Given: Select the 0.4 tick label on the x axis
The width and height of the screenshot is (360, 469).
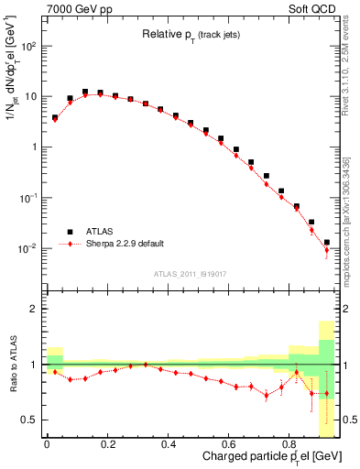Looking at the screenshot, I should (168, 444).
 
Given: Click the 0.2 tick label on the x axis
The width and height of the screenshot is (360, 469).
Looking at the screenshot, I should (107, 444).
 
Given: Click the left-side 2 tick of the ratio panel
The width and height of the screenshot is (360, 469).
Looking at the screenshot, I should (33, 309).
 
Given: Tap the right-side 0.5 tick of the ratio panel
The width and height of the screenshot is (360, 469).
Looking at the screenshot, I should (350, 420).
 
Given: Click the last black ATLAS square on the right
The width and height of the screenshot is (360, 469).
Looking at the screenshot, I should (327, 243).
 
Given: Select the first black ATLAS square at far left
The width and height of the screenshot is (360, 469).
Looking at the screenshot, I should (55, 117).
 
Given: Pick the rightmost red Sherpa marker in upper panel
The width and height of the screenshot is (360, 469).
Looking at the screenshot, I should (327, 250).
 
